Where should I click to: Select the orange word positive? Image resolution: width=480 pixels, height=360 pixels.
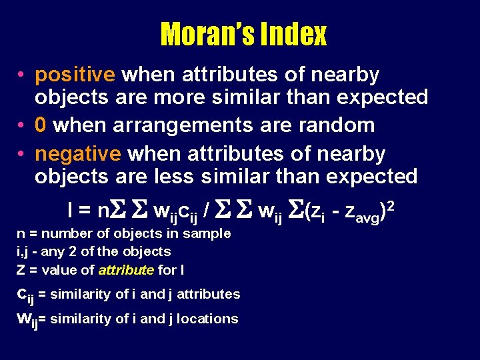75,75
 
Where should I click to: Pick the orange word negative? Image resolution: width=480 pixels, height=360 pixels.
77,154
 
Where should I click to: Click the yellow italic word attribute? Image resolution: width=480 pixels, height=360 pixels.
127,270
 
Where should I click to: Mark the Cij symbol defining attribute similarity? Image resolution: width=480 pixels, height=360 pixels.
25,295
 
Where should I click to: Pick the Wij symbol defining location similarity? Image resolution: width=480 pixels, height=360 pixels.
27,319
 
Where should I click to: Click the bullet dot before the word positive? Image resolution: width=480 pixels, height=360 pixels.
23,75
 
